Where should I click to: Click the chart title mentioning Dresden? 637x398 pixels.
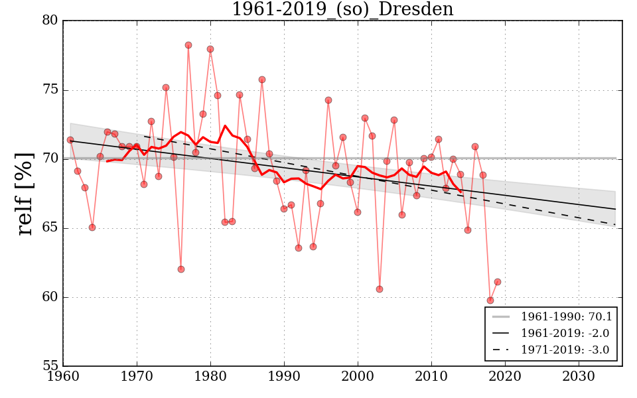pos(342,10)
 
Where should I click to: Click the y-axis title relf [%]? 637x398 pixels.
pos(25,193)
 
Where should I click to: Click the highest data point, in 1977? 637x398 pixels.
pos(188,45)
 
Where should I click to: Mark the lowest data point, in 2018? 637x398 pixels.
pos(490,300)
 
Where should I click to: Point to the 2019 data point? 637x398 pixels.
pos(498,282)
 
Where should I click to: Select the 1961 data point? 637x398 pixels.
pos(70,140)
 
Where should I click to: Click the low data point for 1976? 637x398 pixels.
pos(181,269)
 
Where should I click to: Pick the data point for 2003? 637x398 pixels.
pos(380,289)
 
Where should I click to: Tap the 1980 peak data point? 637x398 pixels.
pos(210,49)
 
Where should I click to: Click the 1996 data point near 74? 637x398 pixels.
pos(328,100)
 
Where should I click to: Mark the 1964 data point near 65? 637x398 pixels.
pos(92,228)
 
